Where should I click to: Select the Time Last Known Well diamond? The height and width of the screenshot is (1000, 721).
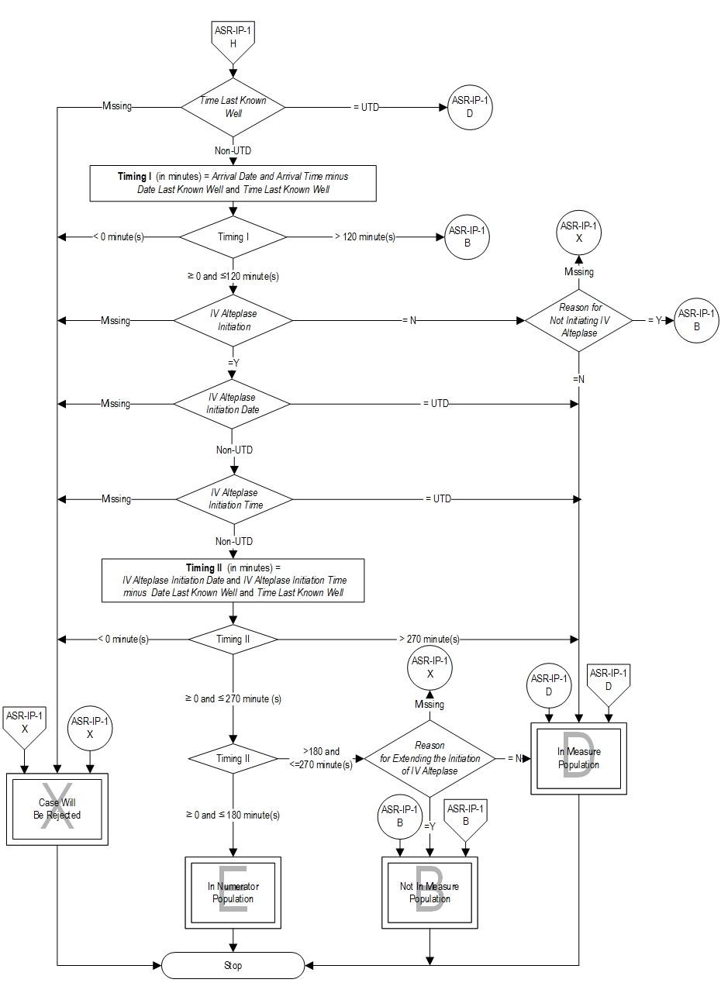[233, 107]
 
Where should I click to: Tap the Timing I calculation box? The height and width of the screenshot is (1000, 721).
[233, 183]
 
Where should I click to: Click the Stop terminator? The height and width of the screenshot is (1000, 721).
[233, 965]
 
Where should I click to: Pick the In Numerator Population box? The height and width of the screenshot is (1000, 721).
[233, 892]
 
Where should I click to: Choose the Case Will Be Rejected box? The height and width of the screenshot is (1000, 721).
[57, 809]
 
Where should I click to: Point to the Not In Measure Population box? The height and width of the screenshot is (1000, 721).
[429, 892]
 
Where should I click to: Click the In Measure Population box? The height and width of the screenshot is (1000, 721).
[579, 758]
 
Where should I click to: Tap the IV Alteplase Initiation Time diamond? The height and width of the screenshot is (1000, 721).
[233, 498]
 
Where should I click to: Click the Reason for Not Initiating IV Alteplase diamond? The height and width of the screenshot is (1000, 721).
[580, 320]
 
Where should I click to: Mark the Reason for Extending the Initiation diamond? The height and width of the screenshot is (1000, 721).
[429, 758]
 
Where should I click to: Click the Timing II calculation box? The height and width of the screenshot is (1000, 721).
[233, 581]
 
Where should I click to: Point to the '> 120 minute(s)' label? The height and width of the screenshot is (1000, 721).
[364, 236]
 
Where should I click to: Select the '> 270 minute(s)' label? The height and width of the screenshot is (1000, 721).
[429, 640]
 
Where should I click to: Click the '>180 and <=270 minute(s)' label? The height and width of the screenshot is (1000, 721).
[321, 758]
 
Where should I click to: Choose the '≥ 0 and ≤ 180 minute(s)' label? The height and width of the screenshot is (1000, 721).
[233, 815]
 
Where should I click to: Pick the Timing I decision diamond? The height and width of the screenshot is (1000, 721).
[233, 236]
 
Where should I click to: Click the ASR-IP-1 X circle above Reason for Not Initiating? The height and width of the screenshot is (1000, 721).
[579, 233]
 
